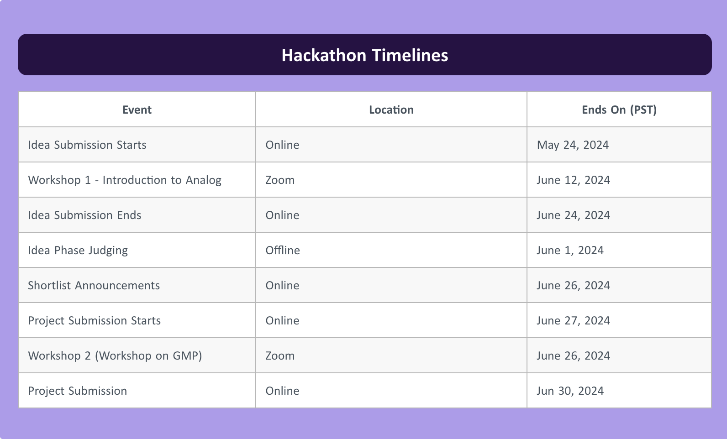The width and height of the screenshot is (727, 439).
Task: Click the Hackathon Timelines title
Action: pos(364,55)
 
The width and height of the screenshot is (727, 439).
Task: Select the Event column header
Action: pos(137,110)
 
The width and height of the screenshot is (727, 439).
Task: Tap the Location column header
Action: pos(391,110)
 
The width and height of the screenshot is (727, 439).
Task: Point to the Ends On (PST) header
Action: pos(619,110)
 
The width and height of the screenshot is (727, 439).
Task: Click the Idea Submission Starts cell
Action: pos(87,145)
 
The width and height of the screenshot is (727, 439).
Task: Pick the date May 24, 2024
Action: pos(573,145)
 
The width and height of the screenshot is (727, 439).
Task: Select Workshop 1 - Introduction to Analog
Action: pos(125,180)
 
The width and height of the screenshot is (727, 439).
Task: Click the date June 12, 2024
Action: pos(573,180)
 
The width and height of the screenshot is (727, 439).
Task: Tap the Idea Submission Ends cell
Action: pos(84,215)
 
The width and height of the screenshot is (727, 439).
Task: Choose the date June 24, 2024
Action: pos(573,215)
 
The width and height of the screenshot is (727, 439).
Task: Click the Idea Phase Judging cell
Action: pos(78,250)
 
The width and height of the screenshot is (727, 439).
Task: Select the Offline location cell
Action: pos(282,250)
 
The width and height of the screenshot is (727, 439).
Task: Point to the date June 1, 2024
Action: pos(570,250)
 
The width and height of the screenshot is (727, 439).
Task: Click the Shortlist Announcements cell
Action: pos(94,285)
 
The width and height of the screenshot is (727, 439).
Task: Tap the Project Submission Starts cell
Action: pos(94,320)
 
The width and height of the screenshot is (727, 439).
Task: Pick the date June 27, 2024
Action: pos(573,320)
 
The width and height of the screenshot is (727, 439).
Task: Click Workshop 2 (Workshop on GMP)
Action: pos(115,355)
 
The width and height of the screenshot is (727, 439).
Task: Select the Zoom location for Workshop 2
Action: pos(280,355)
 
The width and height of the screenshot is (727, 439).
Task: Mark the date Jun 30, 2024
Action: pos(570,391)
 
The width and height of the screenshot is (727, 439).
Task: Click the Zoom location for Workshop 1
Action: pos(280,180)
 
